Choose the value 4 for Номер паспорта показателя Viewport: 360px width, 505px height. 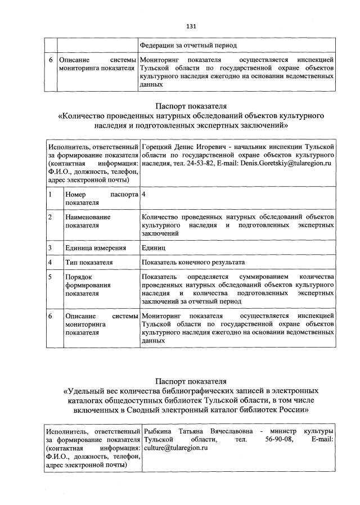pyautogui.click(x=145, y=194)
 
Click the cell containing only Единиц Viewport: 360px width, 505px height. pyautogui.click(x=154, y=247)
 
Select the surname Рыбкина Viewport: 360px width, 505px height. pyautogui.click(x=158, y=431)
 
